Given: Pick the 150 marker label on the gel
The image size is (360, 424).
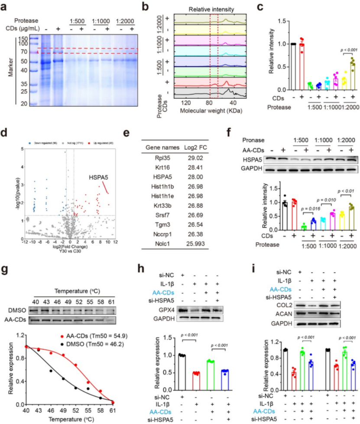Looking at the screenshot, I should coord(23,39).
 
